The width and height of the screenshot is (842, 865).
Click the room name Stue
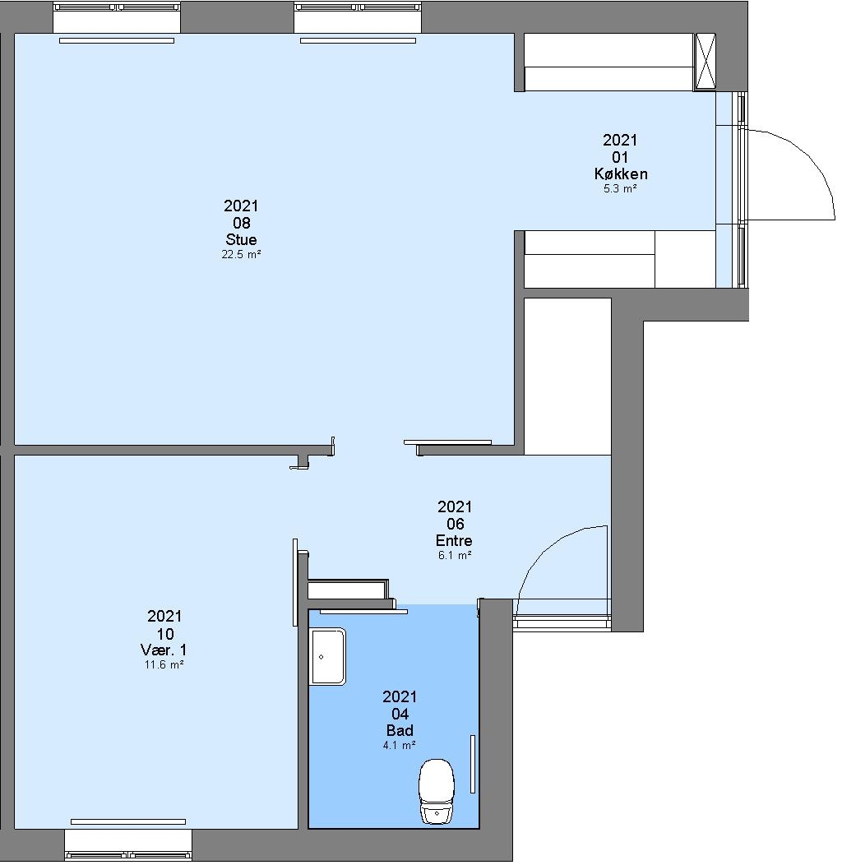click(241, 239)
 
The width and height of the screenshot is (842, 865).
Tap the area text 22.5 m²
click(241, 255)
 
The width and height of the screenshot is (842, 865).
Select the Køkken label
click(621, 173)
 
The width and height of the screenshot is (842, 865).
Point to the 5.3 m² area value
click(620, 188)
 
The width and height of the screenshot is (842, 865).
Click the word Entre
click(454, 540)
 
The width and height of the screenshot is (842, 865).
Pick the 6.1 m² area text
click(455, 556)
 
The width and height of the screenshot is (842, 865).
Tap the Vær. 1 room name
click(164, 650)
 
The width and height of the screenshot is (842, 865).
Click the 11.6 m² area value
click(164, 664)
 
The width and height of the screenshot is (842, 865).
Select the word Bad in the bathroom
click(400, 730)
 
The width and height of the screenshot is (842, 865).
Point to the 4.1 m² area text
click(400, 745)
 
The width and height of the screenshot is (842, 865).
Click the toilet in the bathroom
click(437, 791)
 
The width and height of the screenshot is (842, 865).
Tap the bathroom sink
click(328, 656)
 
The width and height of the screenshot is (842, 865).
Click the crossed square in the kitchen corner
click(705, 61)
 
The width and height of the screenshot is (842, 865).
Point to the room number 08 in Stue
click(241, 223)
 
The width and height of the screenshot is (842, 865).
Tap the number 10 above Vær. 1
click(165, 634)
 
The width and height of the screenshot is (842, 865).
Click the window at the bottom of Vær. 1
click(128, 844)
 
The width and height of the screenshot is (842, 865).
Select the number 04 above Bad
click(400, 714)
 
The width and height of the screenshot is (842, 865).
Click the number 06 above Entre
click(455, 524)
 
